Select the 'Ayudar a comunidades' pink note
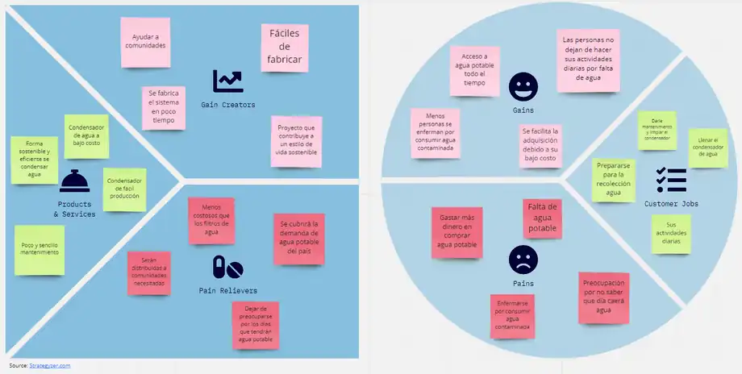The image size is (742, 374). click(144, 41)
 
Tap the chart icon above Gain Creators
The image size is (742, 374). click(227, 81)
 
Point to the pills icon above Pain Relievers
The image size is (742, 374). click(227, 267)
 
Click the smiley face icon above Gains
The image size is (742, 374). click(522, 85)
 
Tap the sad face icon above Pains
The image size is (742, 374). click(522, 260)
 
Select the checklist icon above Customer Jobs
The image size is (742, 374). click(671, 180)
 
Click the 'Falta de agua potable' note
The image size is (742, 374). click(543, 218)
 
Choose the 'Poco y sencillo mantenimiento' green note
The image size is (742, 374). click(39, 250)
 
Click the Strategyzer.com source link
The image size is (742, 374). click(51, 365)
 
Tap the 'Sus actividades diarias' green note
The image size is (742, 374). click(670, 234)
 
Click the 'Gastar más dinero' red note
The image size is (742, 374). click(456, 231)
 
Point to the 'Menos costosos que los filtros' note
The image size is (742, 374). click(211, 220)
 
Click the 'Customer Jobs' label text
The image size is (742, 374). click(671, 204)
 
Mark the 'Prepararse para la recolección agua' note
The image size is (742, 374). click(614, 180)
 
